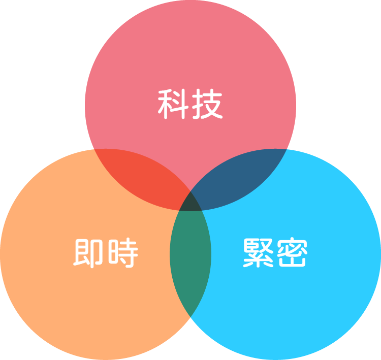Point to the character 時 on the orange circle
coord(122,252)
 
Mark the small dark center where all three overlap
coord(190,202)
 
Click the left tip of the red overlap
coord(97,151)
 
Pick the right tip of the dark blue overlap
coord(285,151)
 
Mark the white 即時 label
coord(105,252)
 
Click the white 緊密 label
coord(274,252)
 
